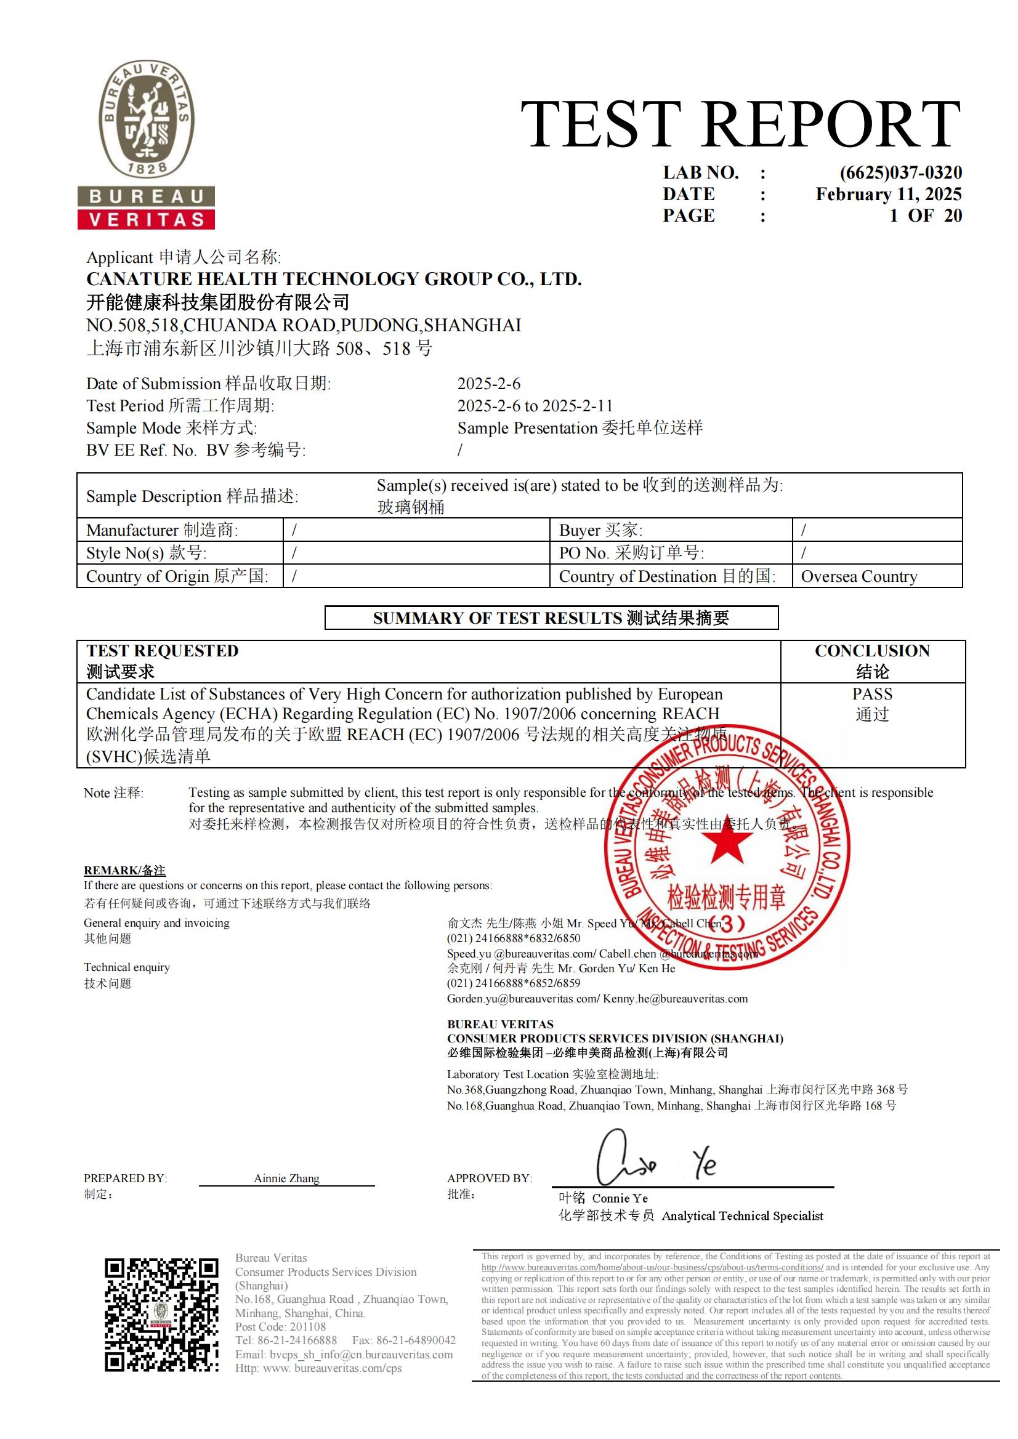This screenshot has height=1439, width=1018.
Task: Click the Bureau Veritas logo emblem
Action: coord(146,119)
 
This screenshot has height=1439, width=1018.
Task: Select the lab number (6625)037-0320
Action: coord(901,172)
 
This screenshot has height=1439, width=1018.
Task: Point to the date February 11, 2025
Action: coord(888,195)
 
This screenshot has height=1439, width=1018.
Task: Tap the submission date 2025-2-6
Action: coord(489,384)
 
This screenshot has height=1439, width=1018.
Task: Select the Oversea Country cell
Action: coord(858,576)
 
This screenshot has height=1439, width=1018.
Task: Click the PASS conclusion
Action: coord(872,694)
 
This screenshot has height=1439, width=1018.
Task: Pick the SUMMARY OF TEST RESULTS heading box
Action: coord(551,618)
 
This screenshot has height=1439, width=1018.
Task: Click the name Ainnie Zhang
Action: coord(286,1179)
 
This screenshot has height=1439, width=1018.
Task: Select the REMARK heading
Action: coord(125,871)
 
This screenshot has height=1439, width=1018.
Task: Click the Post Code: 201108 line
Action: coord(280,1327)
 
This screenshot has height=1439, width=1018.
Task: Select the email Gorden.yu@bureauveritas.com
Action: coord(523,999)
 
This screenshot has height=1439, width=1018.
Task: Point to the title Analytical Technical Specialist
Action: coord(742,1216)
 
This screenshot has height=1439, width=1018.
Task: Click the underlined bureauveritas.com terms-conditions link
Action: coord(652,1267)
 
